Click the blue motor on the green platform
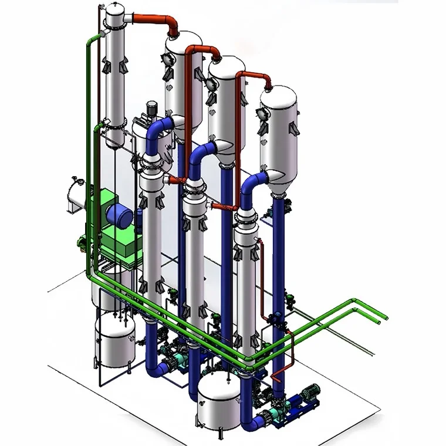click(x=121, y=217)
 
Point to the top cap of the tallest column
click(x=114, y=8)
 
